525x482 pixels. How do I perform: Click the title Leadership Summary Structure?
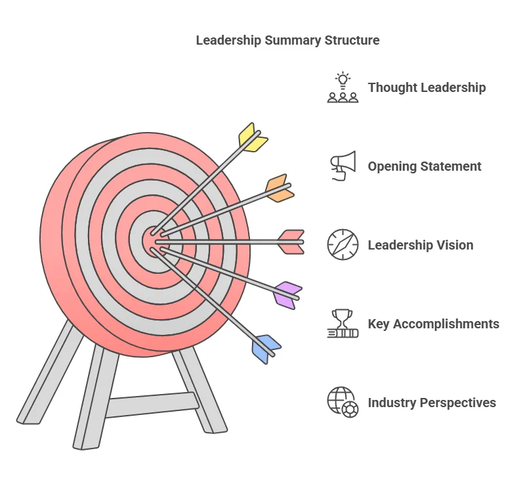click(287, 40)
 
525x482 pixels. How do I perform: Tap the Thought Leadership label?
click(427, 87)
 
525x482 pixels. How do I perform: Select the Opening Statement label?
click(425, 166)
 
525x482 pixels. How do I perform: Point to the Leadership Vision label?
click(420, 245)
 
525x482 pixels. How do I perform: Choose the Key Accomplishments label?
click(433, 324)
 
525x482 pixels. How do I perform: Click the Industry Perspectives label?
click(432, 403)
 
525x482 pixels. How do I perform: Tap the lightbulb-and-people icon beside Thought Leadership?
click(343, 88)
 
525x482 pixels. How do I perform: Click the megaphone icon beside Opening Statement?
click(343, 166)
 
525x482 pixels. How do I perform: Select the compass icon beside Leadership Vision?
click(343, 245)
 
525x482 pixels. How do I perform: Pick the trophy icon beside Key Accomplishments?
click(343, 324)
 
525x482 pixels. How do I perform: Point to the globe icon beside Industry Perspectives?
click(343, 403)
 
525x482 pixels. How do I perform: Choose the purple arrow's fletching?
click(287, 294)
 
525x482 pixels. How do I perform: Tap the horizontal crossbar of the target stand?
click(151, 405)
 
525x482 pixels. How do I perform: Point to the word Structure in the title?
click(352, 40)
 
